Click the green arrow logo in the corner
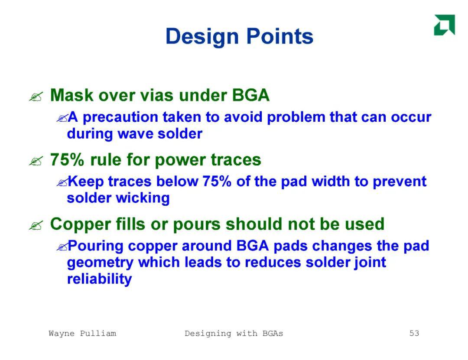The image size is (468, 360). click(445, 25)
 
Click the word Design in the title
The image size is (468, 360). click(202, 37)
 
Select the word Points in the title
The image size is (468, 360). click(279, 36)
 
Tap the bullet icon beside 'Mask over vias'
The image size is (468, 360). click(36, 97)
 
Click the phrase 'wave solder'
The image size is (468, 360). click(160, 133)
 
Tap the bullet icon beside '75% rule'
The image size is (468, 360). click(36, 161)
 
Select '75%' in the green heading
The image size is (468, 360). click(67, 159)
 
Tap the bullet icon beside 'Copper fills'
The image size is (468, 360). click(36, 226)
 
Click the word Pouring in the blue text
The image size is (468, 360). click(95, 246)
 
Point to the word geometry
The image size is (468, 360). click(100, 263)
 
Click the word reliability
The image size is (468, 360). click(99, 279)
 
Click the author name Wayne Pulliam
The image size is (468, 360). click(82, 333)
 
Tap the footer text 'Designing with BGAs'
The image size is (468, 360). click(234, 334)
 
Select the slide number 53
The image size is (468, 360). click(414, 333)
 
